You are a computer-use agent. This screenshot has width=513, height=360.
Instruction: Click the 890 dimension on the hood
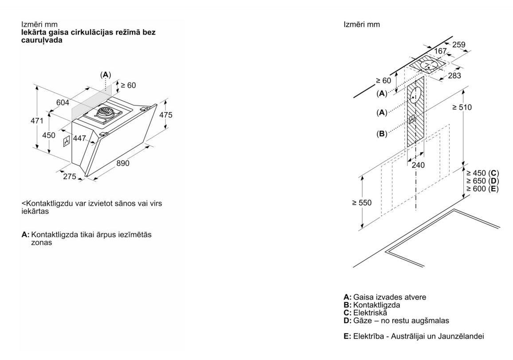pyautogui.click(x=123, y=163)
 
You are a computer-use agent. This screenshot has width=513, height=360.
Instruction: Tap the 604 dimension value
pyautogui.click(x=63, y=102)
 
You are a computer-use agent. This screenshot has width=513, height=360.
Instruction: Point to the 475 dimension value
pyautogui.click(x=165, y=115)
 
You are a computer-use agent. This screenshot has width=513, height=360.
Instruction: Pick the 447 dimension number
pyautogui.click(x=79, y=138)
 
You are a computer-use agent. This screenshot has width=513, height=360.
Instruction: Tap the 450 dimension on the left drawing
pyautogui.click(x=49, y=135)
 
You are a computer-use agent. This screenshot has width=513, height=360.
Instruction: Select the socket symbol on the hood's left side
pyautogui.click(x=66, y=141)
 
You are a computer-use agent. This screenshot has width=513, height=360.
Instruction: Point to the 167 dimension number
pyautogui.click(x=440, y=52)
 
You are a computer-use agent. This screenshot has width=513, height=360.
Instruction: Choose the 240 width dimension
pyautogui.click(x=418, y=165)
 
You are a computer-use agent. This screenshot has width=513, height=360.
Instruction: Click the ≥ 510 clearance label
pyautogui.click(x=462, y=107)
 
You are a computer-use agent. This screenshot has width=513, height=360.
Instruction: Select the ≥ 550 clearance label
pyautogui.click(x=362, y=203)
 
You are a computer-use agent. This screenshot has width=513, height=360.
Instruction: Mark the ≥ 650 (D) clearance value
pyautogui.click(x=482, y=181)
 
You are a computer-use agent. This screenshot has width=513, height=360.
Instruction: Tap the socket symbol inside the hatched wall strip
pyautogui.click(x=412, y=119)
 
